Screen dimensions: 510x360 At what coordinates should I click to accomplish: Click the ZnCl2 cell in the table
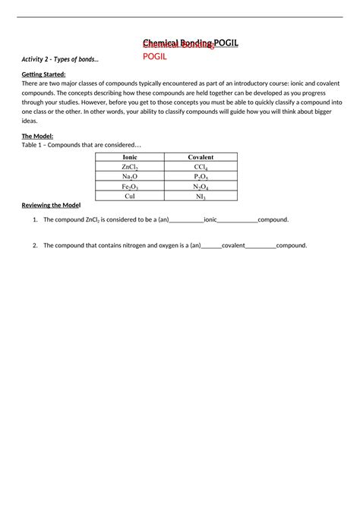tap(130, 166)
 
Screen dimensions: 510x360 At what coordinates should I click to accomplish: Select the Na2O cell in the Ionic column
tap(130, 176)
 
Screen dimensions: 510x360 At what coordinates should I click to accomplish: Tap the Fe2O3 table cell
tap(130, 186)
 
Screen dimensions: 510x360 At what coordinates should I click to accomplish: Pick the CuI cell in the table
tap(130, 196)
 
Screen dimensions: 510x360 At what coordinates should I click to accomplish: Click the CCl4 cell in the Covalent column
tap(201, 166)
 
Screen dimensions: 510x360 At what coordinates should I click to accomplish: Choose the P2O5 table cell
tap(201, 176)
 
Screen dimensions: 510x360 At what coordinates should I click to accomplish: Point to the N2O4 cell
tap(201, 186)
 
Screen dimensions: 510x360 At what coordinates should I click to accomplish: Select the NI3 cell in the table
tap(201, 196)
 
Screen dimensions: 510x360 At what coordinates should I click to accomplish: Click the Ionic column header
tap(130, 157)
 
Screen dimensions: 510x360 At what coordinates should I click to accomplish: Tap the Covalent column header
tap(201, 157)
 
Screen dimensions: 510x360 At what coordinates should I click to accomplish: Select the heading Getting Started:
tap(43, 74)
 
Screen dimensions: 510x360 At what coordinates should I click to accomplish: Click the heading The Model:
tap(37, 136)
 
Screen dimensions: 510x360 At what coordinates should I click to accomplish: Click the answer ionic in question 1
tap(210, 220)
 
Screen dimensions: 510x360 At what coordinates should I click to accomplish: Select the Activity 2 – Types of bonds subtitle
tap(60, 59)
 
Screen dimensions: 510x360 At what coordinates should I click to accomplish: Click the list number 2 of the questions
tap(35, 246)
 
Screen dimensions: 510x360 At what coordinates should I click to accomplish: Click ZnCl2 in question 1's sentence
tap(94, 220)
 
